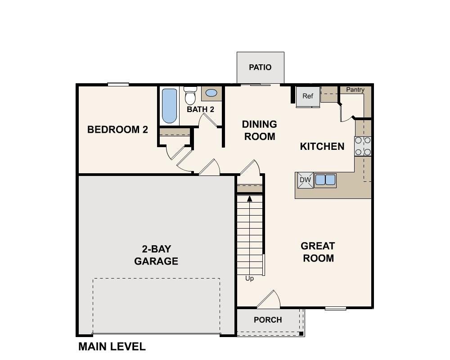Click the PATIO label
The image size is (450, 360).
[x=260, y=67]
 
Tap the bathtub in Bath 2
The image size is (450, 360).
[x=169, y=106]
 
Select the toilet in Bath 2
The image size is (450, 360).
[x=190, y=95]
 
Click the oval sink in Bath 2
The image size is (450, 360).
[x=211, y=94]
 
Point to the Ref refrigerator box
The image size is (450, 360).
[x=308, y=96]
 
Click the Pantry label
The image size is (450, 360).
[x=355, y=90]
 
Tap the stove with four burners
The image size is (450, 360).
[x=363, y=146]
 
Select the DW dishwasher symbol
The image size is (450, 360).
[x=305, y=180]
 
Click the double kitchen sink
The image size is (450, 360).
[x=325, y=180]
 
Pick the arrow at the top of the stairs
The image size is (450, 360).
[x=249, y=198]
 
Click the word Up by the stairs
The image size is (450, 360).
[x=249, y=279]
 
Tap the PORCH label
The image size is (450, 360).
[x=268, y=320]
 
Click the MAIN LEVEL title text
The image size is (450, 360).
[x=112, y=346]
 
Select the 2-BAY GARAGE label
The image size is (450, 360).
[x=156, y=255]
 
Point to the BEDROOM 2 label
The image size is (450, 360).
[x=117, y=130]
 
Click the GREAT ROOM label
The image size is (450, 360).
[x=318, y=252]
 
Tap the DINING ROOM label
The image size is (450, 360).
[x=260, y=130]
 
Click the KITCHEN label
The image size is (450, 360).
[x=322, y=146]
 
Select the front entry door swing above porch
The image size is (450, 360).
[x=269, y=300]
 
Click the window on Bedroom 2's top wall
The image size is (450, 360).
[x=118, y=84]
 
